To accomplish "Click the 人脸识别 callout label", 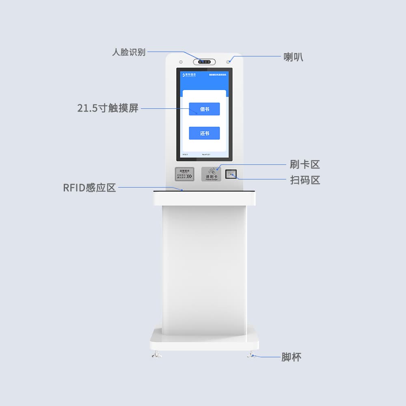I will coord(129,52).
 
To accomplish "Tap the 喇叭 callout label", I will coord(293,57).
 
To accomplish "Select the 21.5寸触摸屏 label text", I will coord(108,108).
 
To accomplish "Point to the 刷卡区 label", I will coord(305,164).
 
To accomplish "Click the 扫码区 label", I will coord(305,180).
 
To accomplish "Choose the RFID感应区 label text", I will coord(90,188).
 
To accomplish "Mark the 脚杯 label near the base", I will coord(292,357).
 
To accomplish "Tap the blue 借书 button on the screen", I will coord(204,109).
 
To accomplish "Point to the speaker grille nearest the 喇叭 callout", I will coord(228,62).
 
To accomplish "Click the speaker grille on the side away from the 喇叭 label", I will coord(180,62).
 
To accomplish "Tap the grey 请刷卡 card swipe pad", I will coord(211,174).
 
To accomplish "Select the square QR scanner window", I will coord(231,174).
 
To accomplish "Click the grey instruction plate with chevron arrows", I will coord(185,174).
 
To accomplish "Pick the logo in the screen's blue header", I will coord(190,75).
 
